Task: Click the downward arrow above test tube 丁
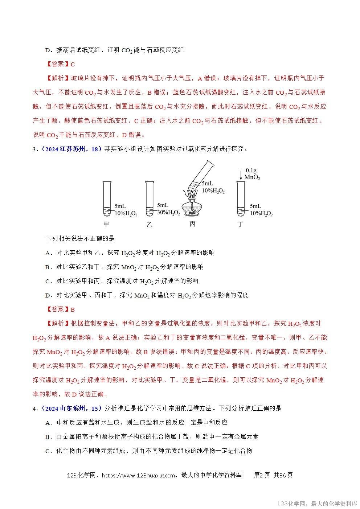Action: (x=240, y=174)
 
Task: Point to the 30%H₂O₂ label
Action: (x=168, y=213)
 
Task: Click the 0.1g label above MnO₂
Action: (x=252, y=170)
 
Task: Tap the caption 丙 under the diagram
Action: (x=192, y=224)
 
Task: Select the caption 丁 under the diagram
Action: (x=240, y=224)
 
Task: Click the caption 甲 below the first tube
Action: (x=106, y=224)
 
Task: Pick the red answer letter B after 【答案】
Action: (x=73, y=309)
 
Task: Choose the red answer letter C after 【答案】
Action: (x=73, y=64)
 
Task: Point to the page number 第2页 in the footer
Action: (x=262, y=475)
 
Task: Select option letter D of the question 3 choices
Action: (x=47, y=295)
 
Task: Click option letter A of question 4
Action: (x=47, y=423)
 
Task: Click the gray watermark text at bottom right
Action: (x=317, y=504)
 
